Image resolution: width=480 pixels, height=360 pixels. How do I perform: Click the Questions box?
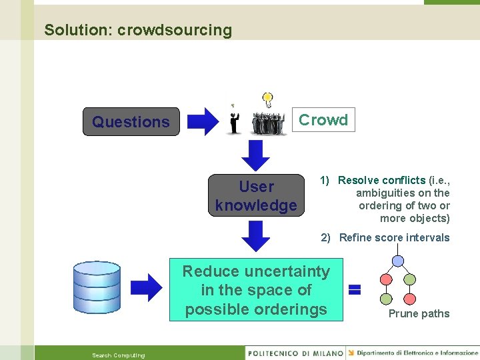[131, 122]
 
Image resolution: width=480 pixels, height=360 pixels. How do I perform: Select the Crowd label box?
[323, 120]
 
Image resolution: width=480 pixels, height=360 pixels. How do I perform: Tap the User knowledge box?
[256, 196]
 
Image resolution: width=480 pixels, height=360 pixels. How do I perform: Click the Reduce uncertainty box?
[256, 290]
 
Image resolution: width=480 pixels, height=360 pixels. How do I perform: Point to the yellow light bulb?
[268, 99]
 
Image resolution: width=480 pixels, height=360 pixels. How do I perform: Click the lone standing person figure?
[234, 121]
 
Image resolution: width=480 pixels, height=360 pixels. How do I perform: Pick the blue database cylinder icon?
[97, 287]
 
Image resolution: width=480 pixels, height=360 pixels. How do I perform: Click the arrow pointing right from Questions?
[203, 122]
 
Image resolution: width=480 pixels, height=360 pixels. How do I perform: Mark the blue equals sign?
[355, 289]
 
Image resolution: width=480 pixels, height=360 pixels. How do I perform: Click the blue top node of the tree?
[398, 261]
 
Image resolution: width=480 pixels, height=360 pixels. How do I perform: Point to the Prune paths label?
[419, 314]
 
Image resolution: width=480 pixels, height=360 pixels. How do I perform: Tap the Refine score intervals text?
[394, 238]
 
